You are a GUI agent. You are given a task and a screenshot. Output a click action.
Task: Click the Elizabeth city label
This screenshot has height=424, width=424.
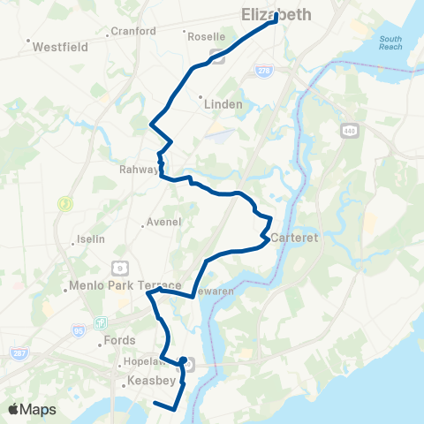point(276,15)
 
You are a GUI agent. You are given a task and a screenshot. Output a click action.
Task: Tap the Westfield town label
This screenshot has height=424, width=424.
point(59,47)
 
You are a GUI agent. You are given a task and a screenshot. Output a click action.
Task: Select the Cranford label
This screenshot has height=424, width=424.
point(134,32)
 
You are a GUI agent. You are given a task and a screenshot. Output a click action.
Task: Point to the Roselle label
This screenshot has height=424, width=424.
point(202,36)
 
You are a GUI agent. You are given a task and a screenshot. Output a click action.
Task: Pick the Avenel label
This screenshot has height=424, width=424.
point(162,222)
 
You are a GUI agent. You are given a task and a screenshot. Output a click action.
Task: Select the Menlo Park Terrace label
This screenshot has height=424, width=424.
point(125,286)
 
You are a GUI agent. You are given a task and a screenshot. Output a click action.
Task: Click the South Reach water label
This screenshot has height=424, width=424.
point(390,42)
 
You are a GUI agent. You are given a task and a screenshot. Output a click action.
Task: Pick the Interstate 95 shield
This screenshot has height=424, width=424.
point(79,331)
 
